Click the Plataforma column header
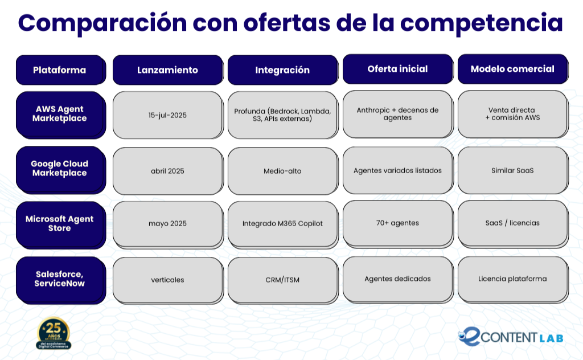pyautogui.click(x=61, y=70)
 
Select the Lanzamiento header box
pyautogui.click(x=168, y=70)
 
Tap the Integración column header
pyautogui.click(x=283, y=70)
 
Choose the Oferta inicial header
pyautogui.click(x=398, y=69)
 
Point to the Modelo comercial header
pyautogui.click(x=513, y=69)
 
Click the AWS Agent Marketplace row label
pyautogui.click(x=61, y=115)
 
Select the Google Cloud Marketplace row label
pyautogui.click(x=61, y=170)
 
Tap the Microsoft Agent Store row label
pyautogui.click(x=61, y=225)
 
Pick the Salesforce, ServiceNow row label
pyautogui.click(x=61, y=280)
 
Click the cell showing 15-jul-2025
pyautogui.click(x=168, y=115)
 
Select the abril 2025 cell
pyautogui.click(x=168, y=171)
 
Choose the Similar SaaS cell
pyautogui.click(x=513, y=170)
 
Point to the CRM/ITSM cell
pyautogui.click(x=283, y=280)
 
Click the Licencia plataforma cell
pyautogui.click(x=513, y=280)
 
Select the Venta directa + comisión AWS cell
pyautogui.click(x=513, y=114)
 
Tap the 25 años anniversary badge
pyautogui.click(x=54, y=333)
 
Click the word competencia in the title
pyautogui.click(x=482, y=23)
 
